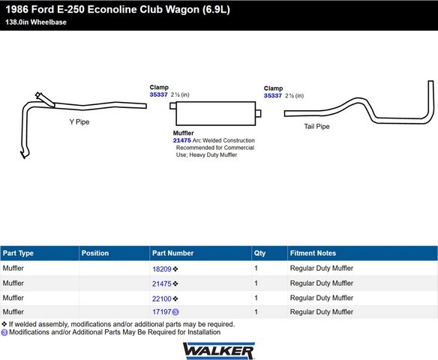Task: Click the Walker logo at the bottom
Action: point(218,350)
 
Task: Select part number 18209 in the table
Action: point(162,269)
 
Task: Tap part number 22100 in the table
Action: point(162,298)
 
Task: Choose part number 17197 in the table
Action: point(162,312)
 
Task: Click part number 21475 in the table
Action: point(162,283)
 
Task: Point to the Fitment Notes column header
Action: point(313,253)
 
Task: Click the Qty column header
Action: point(259,253)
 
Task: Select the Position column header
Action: point(95,253)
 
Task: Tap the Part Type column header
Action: point(18,253)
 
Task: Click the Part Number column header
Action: point(172,253)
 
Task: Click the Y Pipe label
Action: point(79,121)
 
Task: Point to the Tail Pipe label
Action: point(316,127)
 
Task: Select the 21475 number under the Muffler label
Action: point(181,140)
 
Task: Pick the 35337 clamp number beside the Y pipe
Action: point(158,94)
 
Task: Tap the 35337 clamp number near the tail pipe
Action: point(273,96)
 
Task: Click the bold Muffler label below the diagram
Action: point(183,133)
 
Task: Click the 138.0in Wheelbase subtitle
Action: point(36,22)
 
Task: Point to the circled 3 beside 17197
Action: point(175,312)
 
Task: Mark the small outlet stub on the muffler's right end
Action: point(259,113)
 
